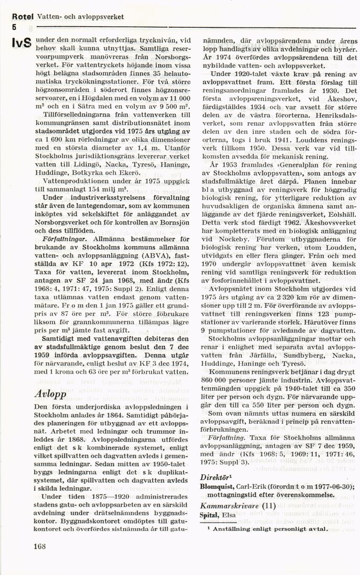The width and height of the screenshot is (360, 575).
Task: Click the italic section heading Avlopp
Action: (x=49, y=393)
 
